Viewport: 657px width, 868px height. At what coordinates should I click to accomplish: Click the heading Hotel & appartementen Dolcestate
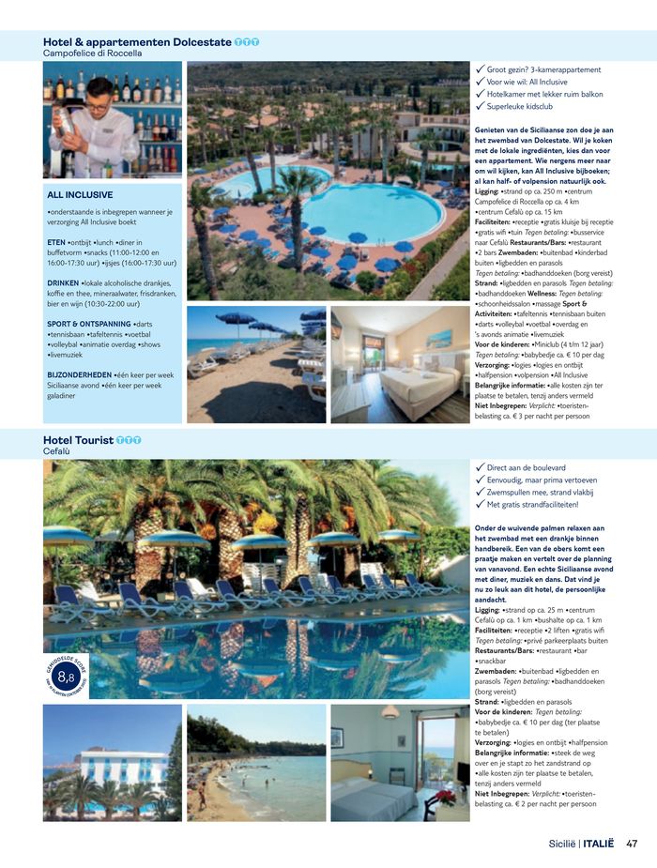tap(137, 41)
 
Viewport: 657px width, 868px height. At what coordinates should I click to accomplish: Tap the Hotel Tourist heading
tap(79, 439)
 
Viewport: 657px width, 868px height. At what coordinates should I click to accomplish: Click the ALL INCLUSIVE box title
tap(80, 195)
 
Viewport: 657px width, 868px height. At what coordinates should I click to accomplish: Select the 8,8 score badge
tap(67, 676)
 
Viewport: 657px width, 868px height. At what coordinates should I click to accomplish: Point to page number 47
tap(632, 843)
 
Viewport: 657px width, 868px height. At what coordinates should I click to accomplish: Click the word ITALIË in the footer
tap(598, 843)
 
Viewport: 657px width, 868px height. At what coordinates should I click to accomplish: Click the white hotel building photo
tap(112, 762)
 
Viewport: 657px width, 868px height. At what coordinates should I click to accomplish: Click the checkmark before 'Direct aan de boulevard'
tap(481, 467)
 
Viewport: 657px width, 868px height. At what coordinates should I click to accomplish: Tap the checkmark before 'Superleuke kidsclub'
tap(481, 107)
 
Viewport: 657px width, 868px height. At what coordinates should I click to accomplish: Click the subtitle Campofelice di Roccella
tap(93, 53)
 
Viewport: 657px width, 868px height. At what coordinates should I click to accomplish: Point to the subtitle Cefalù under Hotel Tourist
tap(56, 451)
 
